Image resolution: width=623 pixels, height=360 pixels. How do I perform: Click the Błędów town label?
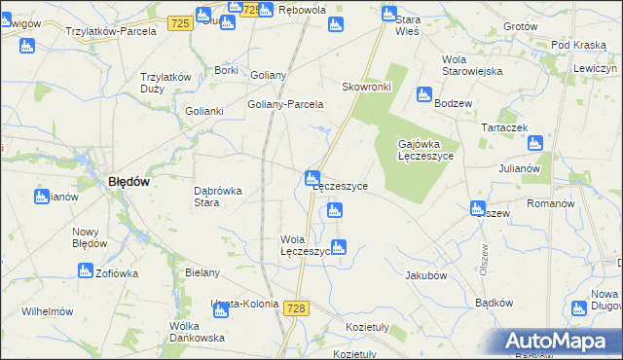click(128, 180)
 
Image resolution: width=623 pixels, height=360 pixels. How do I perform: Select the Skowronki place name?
click(366, 87)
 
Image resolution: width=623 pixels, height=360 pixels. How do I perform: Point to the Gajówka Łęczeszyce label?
click(427, 151)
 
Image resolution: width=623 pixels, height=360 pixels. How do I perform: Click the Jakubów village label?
click(425, 275)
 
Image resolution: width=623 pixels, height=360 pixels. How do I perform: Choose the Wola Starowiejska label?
click(472, 65)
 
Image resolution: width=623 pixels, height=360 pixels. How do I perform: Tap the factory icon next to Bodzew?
click(423, 94)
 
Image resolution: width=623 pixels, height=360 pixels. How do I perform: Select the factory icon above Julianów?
click(534, 143)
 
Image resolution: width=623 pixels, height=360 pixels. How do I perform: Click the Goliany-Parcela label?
click(285, 105)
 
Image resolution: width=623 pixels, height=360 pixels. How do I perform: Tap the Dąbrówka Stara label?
click(218, 197)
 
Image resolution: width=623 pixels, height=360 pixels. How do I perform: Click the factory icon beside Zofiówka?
click(85, 270)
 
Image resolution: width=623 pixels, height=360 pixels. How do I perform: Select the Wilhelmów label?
click(48, 311)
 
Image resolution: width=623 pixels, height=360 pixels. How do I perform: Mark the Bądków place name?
click(495, 303)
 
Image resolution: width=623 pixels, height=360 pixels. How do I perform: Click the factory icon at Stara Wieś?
click(389, 15)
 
